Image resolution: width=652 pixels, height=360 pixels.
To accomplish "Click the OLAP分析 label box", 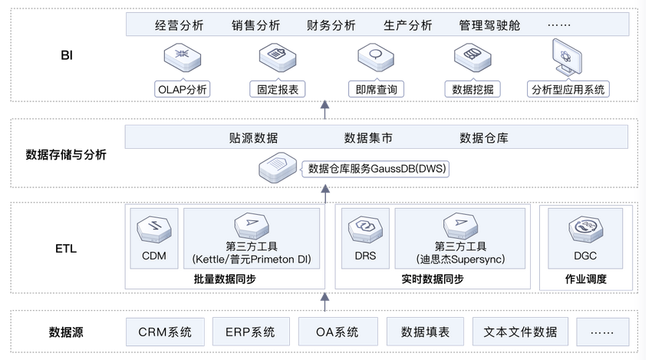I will click(x=182, y=89).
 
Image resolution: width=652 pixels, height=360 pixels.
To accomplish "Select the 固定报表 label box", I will click(x=278, y=89).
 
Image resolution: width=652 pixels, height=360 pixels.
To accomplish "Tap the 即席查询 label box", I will click(x=376, y=89).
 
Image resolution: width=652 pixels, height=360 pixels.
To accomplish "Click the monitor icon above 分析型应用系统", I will click(x=568, y=58).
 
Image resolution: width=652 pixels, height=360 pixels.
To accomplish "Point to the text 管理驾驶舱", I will click(x=489, y=25).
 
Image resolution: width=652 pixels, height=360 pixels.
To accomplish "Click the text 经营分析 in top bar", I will click(x=179, y=25).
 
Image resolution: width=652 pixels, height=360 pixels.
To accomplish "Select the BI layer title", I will click(x=67, y=55).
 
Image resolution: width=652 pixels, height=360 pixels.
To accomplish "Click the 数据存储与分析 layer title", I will click(x=66, y=154).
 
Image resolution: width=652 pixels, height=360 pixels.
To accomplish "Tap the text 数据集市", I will click(x=368, y=138).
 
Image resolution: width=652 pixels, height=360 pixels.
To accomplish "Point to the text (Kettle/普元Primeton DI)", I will click(x=252, y=260).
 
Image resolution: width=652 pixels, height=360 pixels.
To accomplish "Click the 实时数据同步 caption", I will click(x=433, y=279).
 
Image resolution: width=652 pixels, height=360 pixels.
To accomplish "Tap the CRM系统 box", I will click(x=165, y=332).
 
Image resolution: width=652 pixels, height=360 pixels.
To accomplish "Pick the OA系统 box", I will click(x=338, y=332).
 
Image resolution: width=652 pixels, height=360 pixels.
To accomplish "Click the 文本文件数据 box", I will click(x=520, y=332).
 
